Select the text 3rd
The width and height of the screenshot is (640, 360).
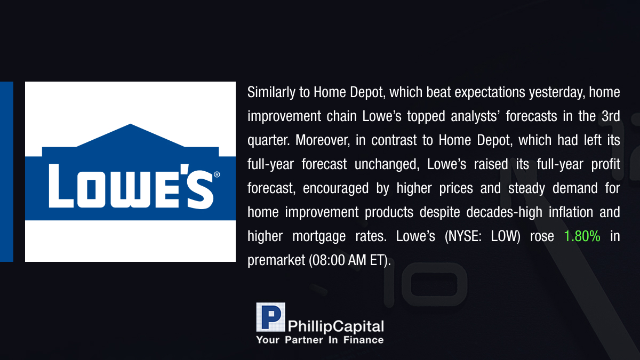tap(611, 116)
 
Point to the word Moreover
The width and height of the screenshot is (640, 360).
tap(323, 140)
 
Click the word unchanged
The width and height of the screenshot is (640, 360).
tap(387, 164)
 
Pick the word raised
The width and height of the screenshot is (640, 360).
tap(491, 164)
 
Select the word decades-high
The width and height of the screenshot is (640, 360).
tap(505, 212)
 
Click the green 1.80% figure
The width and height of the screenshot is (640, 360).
tap(582, 236)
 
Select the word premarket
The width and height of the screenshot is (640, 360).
tap(276, 261)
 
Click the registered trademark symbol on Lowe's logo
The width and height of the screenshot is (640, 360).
tap(217, 174)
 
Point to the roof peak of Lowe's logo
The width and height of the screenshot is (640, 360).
tap(131, 124)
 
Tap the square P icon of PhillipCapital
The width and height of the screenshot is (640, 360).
tap(270, 317)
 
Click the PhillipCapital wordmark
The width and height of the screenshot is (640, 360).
tap(335, 326)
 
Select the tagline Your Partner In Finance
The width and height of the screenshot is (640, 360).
tap(319, 340)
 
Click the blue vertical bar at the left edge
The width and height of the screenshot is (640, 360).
tap(6, 172)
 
